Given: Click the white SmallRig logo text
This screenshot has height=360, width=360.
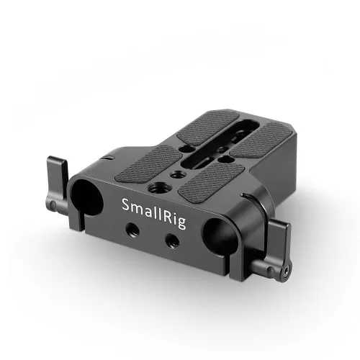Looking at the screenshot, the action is pyautogui.click(x=154, y=214).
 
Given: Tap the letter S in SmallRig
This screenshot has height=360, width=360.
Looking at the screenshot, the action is pyautogui.click(x=126, y=204).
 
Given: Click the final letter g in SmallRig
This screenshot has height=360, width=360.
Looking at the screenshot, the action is pyautogui.click(x=182, y=223).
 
